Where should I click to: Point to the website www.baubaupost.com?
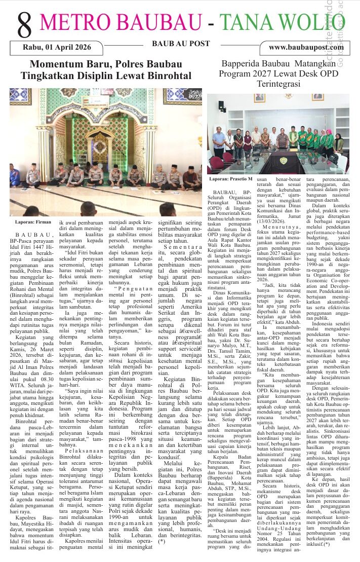tap(306, 47)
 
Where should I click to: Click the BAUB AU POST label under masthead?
tap(180, 44)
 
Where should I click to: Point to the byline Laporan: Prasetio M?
tap(230, 179)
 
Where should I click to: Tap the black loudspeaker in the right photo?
tap(221, 105)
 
